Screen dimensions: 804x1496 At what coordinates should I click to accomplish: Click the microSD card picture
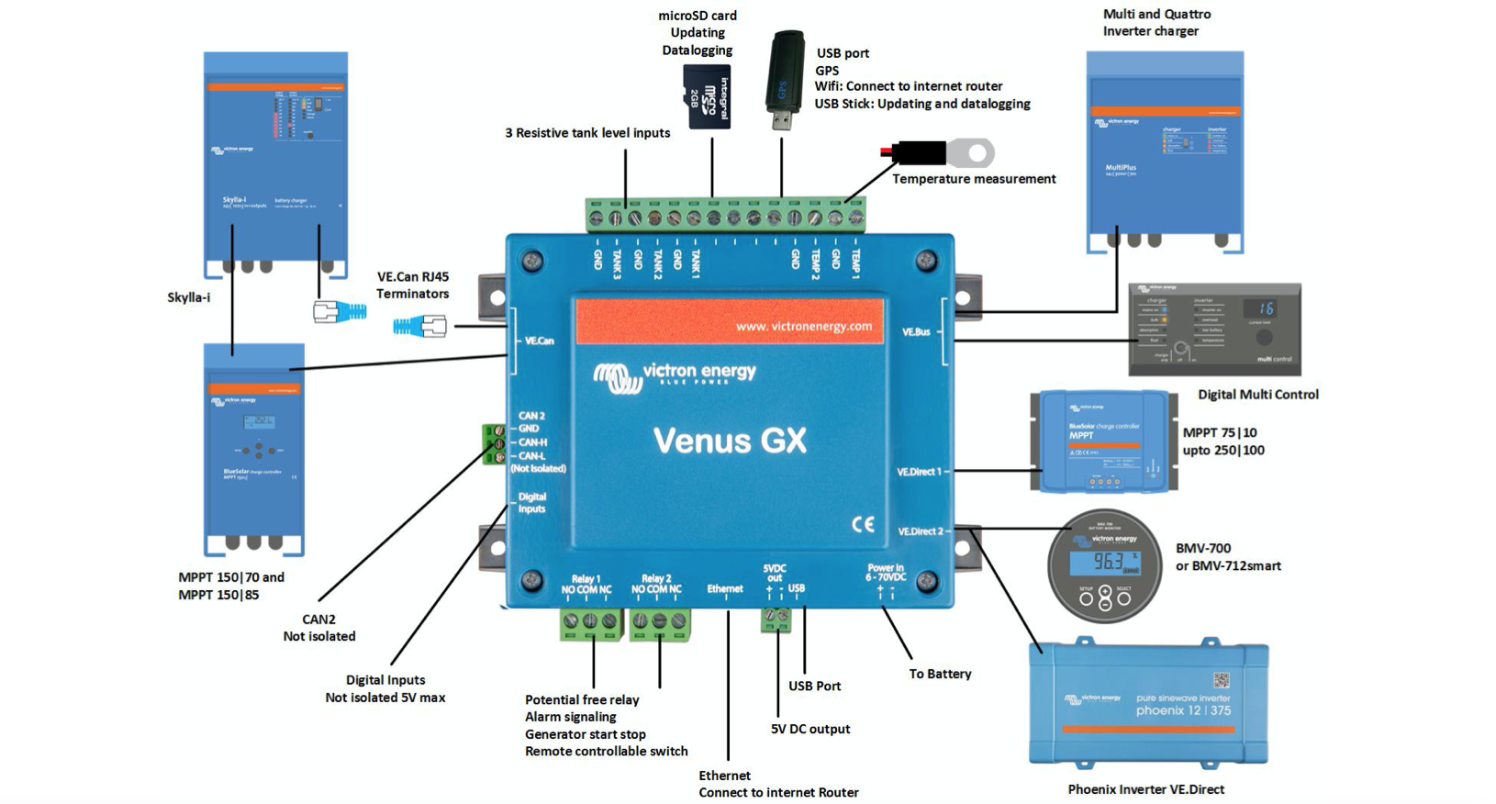point(707,95)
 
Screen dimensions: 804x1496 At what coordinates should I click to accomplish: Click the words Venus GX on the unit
point(730,441)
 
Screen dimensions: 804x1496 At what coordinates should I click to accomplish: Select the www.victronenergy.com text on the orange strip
point(803,326)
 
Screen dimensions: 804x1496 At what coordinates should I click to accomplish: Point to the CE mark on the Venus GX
point(863,524)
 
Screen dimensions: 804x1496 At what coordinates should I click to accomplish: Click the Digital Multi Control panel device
point(1214,329)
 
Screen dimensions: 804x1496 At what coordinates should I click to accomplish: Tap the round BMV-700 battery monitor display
point(1105,566)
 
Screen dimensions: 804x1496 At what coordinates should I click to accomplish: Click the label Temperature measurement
point(974,179)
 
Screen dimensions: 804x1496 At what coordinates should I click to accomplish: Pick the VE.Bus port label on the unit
point(916,331)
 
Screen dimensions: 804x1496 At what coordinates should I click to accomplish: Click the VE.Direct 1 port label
point(919,472)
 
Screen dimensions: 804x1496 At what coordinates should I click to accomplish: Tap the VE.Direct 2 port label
point(920,531)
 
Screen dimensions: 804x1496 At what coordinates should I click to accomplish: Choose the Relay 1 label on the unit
point(586,579)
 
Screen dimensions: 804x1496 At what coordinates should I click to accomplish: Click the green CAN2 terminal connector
point(494,443)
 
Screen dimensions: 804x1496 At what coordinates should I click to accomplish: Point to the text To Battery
point(940,674)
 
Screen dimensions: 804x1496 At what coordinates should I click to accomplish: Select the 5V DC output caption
point(809,729)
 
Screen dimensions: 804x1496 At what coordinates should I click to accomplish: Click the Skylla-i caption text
point(188,297)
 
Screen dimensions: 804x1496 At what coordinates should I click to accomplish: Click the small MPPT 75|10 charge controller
point(1103,441)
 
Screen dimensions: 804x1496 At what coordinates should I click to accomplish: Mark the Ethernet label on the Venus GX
point(724,588)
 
